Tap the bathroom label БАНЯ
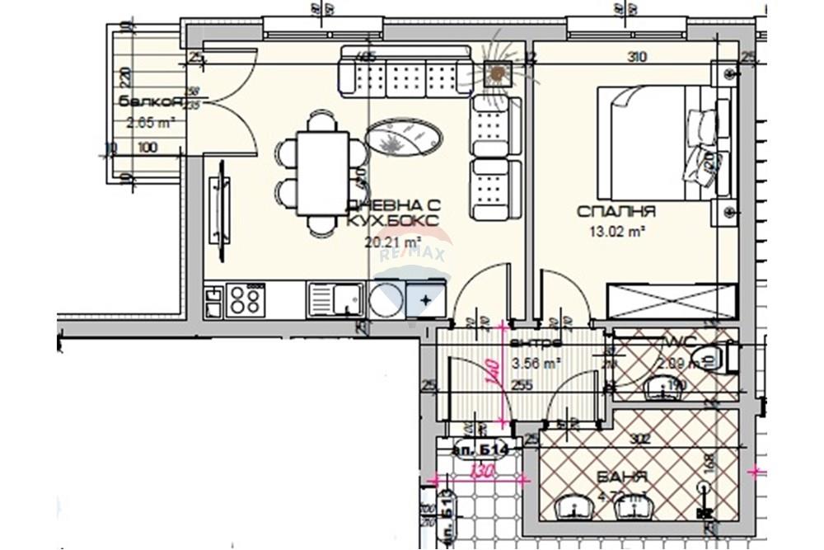pyautogui.click(x=624, y=477)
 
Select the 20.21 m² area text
pyautogui.click(x=392, y=242)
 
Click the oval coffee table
pyautogui.click(x=404, y=136)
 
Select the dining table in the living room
pyautogui.click(x=321, y=173)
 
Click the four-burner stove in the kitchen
pyautogui.click(x=246, y=299)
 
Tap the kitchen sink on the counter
pyautogui.click(x=336, y=299)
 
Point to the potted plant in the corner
pyautogui.click(x=496, y=74)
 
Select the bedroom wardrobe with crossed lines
pyautogui.click(x=672, y=300)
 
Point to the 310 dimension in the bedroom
pyautogui.click(x=636, y=57)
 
